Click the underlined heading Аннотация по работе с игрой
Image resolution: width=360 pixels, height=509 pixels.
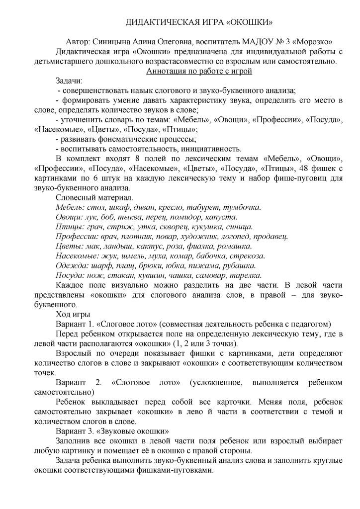coord(199,71)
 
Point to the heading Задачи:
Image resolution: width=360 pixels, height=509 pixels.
coord(69,81)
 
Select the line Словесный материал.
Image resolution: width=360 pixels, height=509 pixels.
coord(92,197)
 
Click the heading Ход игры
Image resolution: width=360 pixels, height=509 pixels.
coord(73,314)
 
